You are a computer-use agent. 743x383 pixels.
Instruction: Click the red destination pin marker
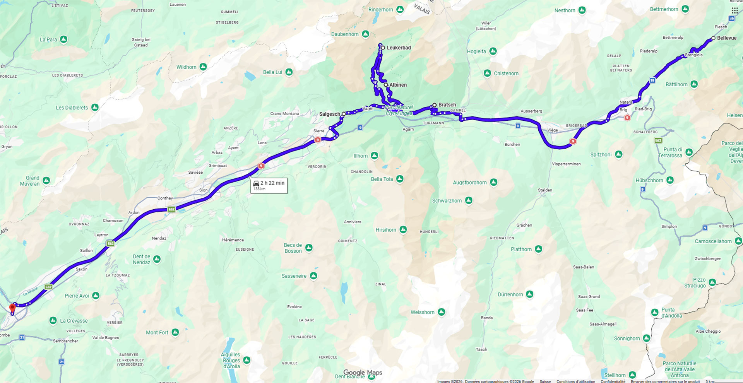(x=12, y=308)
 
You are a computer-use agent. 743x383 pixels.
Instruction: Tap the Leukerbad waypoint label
(x=399, y=48)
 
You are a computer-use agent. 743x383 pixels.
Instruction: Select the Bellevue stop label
(x=726, y=38)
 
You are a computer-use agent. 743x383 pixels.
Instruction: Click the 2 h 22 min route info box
(x=269, y=185)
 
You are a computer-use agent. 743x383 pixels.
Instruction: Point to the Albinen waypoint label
(x=398, y=85)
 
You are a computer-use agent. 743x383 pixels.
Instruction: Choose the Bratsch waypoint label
(x=447, y=105)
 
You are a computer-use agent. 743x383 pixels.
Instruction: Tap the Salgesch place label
(x=329, y=114)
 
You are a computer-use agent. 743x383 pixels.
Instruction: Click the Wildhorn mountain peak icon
(x=203, y=67)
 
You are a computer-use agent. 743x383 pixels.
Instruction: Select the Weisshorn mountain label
(x=422, y=312)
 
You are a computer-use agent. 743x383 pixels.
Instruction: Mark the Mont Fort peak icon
(x=175, y=332)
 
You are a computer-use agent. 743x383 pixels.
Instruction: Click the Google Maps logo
(x=363, y=373)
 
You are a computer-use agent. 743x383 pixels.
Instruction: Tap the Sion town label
(x=203, y=190)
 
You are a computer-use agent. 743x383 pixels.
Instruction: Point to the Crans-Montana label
(x=284, y=114)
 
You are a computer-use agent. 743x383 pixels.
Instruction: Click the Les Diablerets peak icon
(x=95, y=108)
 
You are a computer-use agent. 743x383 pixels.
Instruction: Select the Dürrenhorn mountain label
(x=510, y=294)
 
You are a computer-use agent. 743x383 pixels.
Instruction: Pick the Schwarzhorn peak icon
(x=469, y=200)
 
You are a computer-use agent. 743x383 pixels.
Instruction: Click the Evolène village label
(x=294, y=307)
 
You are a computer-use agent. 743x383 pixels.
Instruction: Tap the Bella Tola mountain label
(x=382, y=179)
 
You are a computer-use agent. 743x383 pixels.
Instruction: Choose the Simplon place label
(x=669, y=226)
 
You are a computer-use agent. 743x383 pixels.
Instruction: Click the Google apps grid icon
(x=734, y=10)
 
